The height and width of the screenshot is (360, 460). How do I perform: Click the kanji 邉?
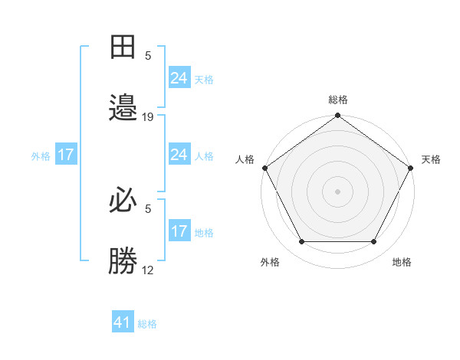(x=123, y=108)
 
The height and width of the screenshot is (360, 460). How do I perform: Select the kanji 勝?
(x=123, y=261)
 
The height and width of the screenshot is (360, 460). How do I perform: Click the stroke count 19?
(x=148, y=116)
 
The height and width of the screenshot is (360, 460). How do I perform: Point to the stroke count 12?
(x=148, y=270)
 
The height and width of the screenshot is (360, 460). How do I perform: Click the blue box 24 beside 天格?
(x=179, y=77)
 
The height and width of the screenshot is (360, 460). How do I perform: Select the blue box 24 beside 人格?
(x=179, y=155)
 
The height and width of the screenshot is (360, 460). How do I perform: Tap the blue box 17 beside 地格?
(x=179, y=231)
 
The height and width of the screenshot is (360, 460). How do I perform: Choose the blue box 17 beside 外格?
(x=66, y=155)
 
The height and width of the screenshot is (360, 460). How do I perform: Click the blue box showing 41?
(x=123, y=322)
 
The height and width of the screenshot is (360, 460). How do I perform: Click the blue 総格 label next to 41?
(x=147, y=324)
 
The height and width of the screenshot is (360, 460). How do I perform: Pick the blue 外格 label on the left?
(x=41, y=156)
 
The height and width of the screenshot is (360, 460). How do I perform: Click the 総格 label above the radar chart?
(x=338, y=100)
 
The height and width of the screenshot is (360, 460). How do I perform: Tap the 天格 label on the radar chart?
(x=431, y=159)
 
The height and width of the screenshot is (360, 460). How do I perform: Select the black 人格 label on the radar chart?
(x=245, y=159)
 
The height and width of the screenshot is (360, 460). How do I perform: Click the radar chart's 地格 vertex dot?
(x=374, y=242)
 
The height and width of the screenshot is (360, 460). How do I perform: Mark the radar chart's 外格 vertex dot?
(x=301, y=242)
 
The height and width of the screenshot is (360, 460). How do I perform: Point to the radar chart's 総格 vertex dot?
(x=338, y=116)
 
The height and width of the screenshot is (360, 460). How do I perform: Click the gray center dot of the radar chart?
(x=338, y=191)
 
